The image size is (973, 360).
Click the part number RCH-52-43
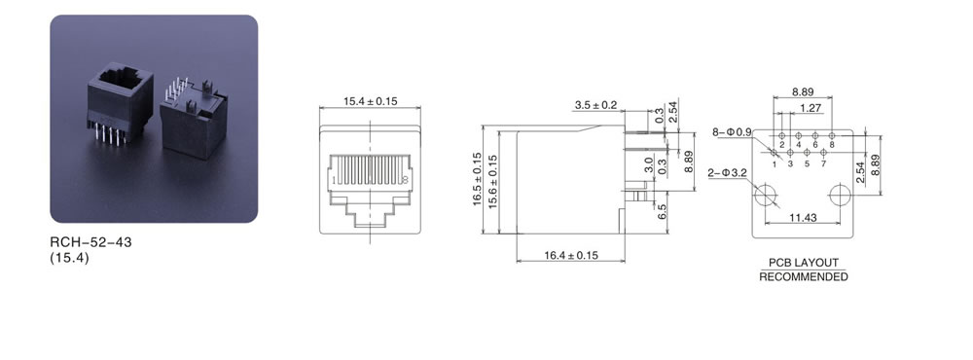pos(90,242)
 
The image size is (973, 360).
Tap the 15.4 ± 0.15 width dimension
pos(371,101)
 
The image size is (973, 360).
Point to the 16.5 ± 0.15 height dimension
pos(477,179)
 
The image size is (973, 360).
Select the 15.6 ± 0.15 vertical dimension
pos(493,181)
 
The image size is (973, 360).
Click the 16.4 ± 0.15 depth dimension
pos(571,255)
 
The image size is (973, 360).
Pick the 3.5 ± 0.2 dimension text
pos(595,105)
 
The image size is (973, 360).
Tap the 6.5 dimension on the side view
pos(662,212)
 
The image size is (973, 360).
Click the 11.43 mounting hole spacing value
pos(803,217)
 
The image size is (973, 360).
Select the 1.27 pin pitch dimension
pos(811,108)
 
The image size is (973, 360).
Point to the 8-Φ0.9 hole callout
pos(732,131)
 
